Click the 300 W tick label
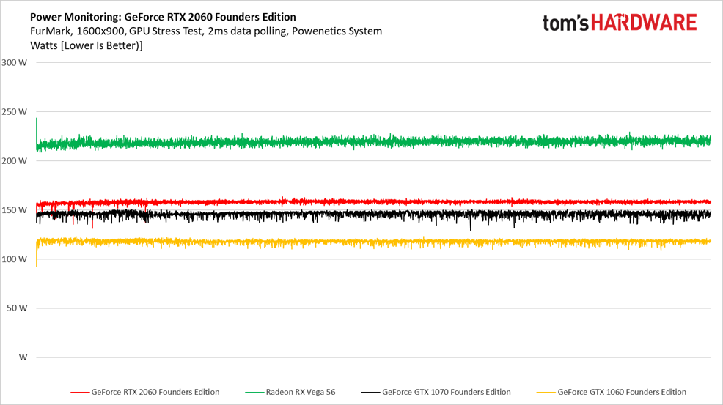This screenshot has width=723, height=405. pyautogui.click(x=15, y=62)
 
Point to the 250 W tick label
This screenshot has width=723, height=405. pyautogui.click(x=15, y=112)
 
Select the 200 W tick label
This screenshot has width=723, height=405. pyautogui.click(x=15, y=161)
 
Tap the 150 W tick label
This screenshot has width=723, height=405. pyautogui.click(x=15, y=210)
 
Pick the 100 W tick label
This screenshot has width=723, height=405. pyautogui.click(x=15, y=259)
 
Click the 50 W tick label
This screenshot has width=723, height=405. pyautogui.click(x=17, y=308)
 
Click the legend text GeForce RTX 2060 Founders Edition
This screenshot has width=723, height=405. pyautogui.click(x=155, y=392)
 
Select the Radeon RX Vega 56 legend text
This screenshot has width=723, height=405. pyautogui.click(x=300, y=392)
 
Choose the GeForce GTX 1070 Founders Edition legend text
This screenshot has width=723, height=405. pyautogui.click(x=446, y=392)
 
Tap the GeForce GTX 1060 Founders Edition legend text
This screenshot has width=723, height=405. pyautogui.click(x=622, y=392)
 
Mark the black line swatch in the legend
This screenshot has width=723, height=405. pyautogui.click(x=370, y=392)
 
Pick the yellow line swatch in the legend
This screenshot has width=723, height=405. pyautogui.click(x=546, y=392)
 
